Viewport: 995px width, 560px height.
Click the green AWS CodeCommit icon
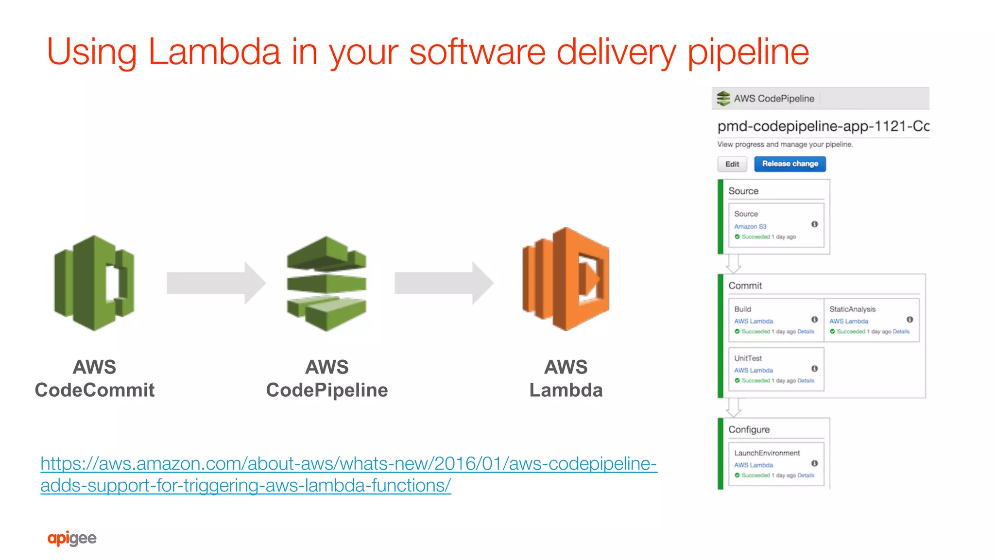point(94,283)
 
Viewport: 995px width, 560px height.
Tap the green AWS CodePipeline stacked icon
point(326,284)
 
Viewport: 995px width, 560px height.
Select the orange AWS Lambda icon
point(566,279)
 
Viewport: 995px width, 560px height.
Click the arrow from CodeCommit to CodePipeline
point(216,283)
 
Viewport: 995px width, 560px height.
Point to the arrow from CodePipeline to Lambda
point(444,283)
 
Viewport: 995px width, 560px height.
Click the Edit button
point(732,164)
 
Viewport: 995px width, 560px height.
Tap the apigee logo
point(72,538)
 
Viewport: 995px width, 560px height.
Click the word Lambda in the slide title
point(214,51)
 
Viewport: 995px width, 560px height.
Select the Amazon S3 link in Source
point(750,226)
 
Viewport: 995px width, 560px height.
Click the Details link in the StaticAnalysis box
point(901,332)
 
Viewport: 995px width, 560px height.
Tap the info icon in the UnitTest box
point(814,369)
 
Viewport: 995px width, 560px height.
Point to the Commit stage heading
point(745,286)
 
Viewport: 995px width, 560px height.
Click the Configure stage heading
point(749,429)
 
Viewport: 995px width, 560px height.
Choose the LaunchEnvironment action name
point(767,453)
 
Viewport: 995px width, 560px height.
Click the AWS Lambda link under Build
point(754,321)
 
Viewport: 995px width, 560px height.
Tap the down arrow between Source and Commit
point(733,264)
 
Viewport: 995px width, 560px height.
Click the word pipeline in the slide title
point(748,52)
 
